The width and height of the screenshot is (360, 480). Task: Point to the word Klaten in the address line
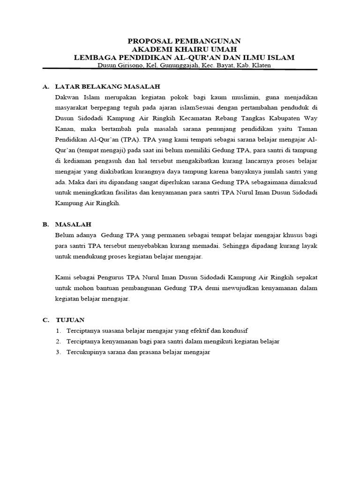260,66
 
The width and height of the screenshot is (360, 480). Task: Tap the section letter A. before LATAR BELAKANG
45,87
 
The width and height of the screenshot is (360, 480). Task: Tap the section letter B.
45,225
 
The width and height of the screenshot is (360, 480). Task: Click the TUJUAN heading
70,320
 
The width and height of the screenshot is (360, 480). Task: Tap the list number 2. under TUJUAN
59,342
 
